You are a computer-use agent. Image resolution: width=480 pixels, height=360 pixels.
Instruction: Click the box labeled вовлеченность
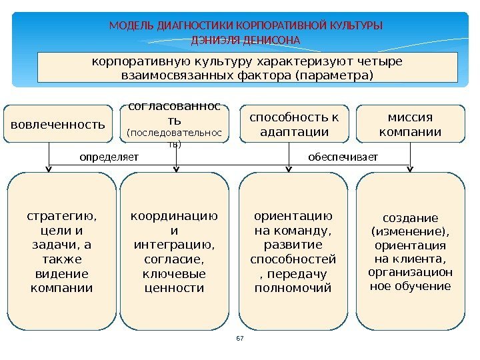(59, 123)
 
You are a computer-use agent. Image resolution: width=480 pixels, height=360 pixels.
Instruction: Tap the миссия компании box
(410, 124)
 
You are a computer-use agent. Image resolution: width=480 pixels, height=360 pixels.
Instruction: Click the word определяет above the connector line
(109, 157)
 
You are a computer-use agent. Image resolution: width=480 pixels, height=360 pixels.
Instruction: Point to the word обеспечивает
(343, 157)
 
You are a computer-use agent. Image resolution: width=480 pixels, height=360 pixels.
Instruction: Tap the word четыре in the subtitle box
(381, 61)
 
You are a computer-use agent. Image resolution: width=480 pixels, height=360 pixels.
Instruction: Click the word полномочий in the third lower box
(293, 288)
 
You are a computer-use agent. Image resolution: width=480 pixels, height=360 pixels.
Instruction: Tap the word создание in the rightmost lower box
(410, 218)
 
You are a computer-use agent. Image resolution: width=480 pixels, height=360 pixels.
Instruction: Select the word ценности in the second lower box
(174, 288)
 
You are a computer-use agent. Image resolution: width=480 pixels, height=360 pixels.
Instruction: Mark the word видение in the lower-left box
(61, 274)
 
